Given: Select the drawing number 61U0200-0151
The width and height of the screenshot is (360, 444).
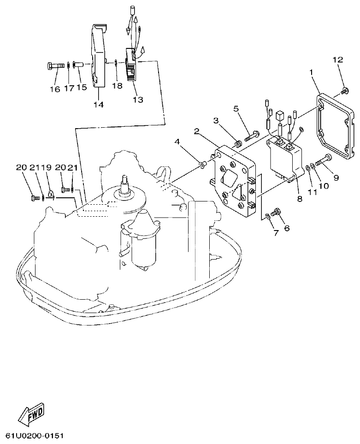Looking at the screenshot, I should click(35, 435).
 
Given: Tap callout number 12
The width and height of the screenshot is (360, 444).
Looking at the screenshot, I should click(337, 59).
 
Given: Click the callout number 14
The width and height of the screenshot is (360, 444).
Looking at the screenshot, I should click(98, 104).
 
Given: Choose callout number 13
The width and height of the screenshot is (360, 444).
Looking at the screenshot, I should click(137, 99).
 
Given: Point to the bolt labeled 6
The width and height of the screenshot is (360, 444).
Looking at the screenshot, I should click(277, 213).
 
